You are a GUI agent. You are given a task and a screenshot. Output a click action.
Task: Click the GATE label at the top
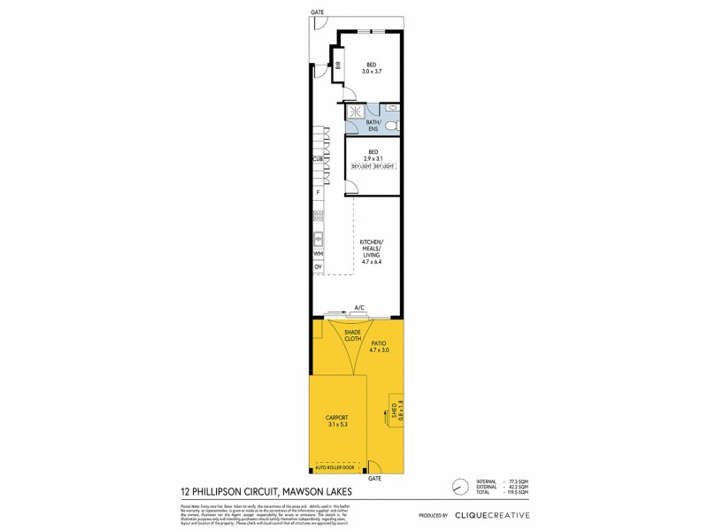pyautogui.click(x=317, y=12)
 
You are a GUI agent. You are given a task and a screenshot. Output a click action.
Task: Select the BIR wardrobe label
pyautogui.click(x=337, y=64)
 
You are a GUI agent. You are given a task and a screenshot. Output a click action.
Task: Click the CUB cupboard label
pyautogui.click(x=316, y=159)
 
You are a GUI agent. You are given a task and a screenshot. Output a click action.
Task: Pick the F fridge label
pyautogui.click(x=316, y=192)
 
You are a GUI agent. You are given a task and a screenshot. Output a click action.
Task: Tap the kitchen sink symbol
pyautogui.click(x=317, y=237)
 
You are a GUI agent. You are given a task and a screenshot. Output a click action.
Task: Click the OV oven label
pyautogui.click(x=317, y=266)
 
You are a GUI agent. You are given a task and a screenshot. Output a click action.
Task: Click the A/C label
pyautogui.click(x=359, y=307)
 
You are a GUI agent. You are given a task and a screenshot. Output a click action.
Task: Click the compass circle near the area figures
pyautogui.click(x=458, y=487)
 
